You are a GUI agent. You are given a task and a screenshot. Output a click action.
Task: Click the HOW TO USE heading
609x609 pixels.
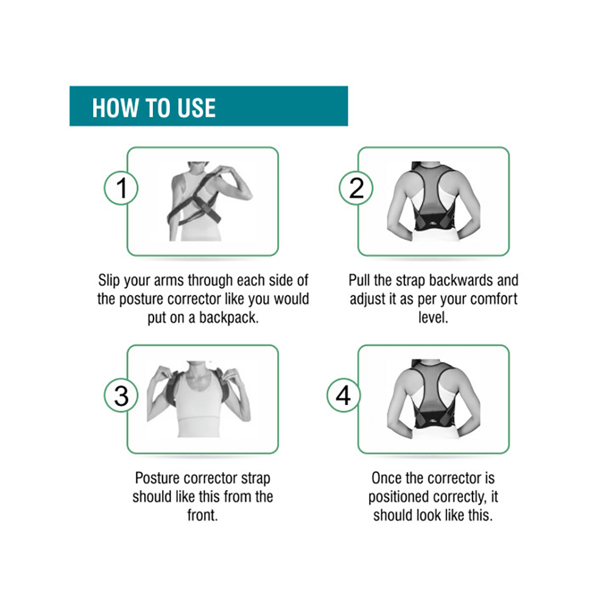154,108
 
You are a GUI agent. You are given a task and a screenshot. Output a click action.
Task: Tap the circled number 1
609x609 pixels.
121,188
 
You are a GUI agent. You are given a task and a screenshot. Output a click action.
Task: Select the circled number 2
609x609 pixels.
356,188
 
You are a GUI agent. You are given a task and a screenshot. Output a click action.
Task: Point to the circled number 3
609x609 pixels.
121,396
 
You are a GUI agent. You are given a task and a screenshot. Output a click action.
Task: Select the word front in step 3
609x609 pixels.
202,515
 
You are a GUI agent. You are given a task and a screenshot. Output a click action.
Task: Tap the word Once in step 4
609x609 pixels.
387,478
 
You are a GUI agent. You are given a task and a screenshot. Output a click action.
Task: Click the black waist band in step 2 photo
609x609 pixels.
434,222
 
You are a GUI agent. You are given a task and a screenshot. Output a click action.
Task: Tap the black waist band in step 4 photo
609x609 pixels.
434,420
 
